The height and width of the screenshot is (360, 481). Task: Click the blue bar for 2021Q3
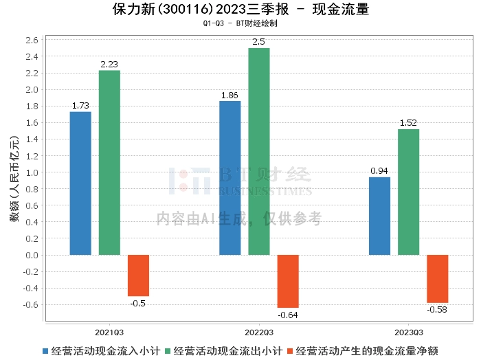[x=80, y=183]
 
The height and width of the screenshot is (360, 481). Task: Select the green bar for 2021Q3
[x=109, y=163]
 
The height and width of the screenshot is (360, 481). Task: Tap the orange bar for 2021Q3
[x=138, y=275]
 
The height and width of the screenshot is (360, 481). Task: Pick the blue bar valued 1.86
[x=230, y=178]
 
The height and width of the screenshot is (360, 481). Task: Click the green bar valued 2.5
[x=259, y=151]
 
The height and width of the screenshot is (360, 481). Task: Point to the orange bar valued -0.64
[x=288, y=281]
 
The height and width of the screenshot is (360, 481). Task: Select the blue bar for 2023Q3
[x=379, y=216]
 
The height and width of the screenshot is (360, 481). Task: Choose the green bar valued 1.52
[x=408, y=192]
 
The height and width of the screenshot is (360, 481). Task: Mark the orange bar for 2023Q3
[x=437, y=278]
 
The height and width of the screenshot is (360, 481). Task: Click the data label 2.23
[x=109, y=65]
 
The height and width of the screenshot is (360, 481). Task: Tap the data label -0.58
[x=437, y=310]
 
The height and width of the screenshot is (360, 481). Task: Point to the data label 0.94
[x=379, y=171]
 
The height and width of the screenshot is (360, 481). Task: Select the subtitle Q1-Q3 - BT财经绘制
[x=240, y=23]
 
